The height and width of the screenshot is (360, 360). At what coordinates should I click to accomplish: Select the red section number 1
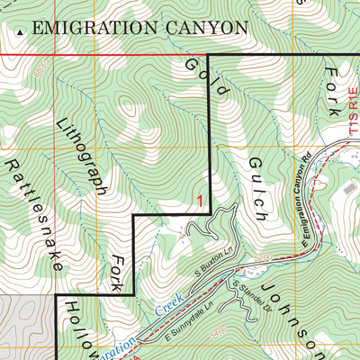pos(199,203)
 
